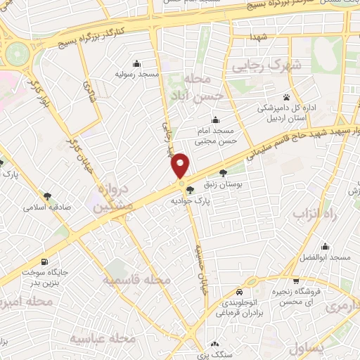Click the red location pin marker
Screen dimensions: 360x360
[x=181, y=165]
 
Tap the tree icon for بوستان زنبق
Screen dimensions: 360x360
[x=223, y=173]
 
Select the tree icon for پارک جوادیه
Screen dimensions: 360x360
[x=190, y=189]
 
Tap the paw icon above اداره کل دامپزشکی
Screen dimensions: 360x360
[x=286, y=97]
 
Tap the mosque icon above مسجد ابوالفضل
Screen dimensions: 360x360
[x=325, y=247]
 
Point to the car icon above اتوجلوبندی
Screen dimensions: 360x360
[x=239, y=291]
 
